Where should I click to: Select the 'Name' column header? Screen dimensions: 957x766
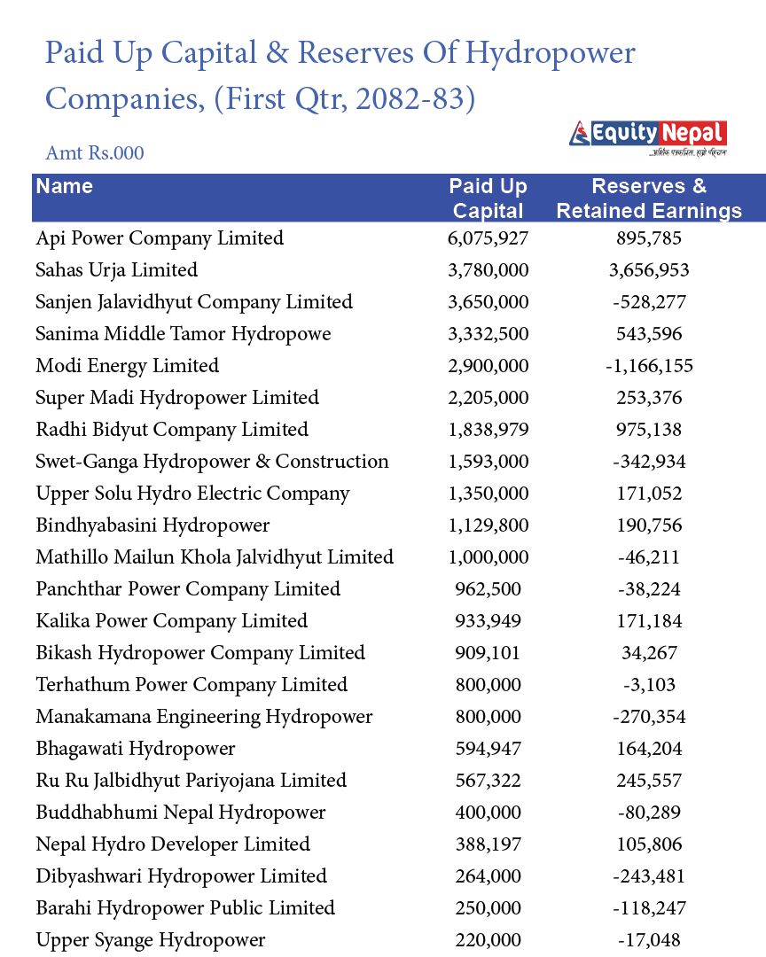(65, 186)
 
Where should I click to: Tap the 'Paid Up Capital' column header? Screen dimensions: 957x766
(488, 198)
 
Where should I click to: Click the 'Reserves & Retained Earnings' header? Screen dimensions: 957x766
(649, 198)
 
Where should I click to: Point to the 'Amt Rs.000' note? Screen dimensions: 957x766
(95, 152)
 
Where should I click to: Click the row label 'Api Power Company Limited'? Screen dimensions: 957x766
(160, 238)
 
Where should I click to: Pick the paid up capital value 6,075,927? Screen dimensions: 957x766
(488, 238)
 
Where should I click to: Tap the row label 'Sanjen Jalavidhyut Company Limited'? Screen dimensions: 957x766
(194, 302)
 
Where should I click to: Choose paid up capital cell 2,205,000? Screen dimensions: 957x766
(488, 398)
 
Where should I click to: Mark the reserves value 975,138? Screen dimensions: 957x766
(649, 430)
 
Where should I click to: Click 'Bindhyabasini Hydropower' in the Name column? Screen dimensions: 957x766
(152, 525)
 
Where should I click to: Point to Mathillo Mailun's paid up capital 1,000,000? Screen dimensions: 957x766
(488, 557)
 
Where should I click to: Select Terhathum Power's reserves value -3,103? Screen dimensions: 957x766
(649, 685)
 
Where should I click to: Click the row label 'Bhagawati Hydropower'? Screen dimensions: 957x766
(136, 749)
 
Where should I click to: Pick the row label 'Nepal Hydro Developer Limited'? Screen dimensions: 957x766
(173, 844)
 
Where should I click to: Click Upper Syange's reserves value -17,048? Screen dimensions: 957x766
(649, 940)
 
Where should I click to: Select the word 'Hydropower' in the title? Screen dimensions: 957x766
(551, 53)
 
